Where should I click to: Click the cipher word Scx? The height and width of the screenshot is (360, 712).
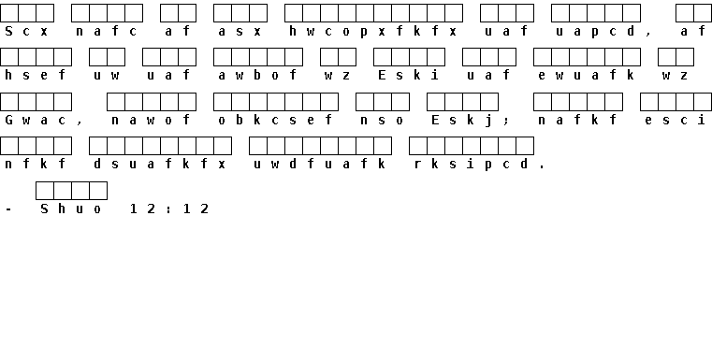[26, 32]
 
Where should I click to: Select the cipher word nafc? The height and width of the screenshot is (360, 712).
[107, 32]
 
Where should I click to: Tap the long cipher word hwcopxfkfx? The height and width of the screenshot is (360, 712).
[372, 32]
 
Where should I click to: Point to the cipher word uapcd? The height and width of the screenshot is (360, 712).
[595, 32]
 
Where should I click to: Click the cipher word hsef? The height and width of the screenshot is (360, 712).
[36, 76]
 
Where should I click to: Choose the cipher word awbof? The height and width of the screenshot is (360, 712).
[257, 76]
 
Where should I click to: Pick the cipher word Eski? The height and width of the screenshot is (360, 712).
[409, 76]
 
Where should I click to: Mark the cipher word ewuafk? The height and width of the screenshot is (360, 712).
[587, 76]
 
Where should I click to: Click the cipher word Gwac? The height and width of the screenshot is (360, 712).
[36, 121]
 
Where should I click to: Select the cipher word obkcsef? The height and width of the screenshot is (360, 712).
[275, 121]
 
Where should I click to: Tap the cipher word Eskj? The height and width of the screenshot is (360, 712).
[462, 121]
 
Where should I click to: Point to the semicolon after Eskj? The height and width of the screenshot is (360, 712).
[506, 122]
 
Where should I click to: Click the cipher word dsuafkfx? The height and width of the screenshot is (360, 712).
[159, 164]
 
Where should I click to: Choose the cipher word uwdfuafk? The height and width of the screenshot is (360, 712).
[320, 164]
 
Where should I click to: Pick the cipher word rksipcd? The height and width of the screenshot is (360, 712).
[471, 164]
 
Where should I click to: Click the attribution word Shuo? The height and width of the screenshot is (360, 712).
[71, 209]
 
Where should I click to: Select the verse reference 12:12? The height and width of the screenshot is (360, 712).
[168, 209]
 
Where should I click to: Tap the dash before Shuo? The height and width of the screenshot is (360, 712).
[8, 209]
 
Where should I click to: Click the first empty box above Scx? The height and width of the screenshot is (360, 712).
[9, 13]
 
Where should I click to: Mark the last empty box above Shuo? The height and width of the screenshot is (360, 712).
[98, 191]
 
